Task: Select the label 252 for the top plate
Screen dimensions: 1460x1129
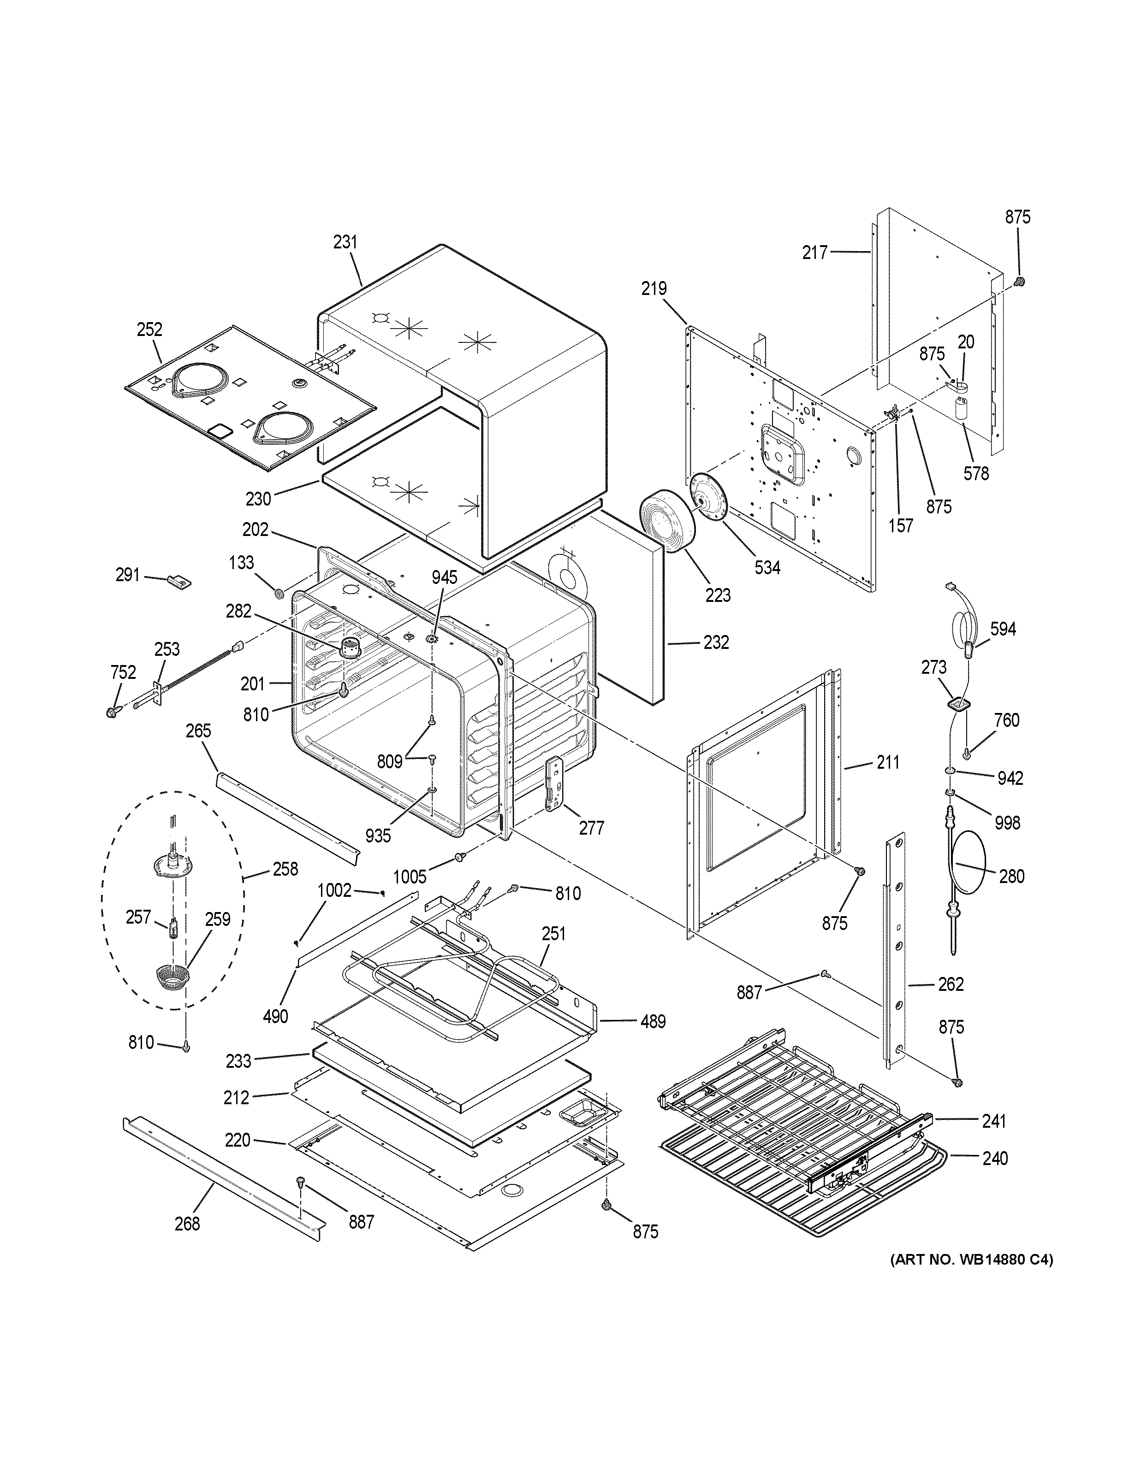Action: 150,330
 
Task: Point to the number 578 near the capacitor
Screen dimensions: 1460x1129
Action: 976,473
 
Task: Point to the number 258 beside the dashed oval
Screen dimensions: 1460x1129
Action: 285,869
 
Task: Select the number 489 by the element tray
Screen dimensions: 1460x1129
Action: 653,1021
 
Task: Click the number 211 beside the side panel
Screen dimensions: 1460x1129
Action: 888,762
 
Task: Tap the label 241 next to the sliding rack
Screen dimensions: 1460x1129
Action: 994,1121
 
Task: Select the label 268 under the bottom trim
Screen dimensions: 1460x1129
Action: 187,1224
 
